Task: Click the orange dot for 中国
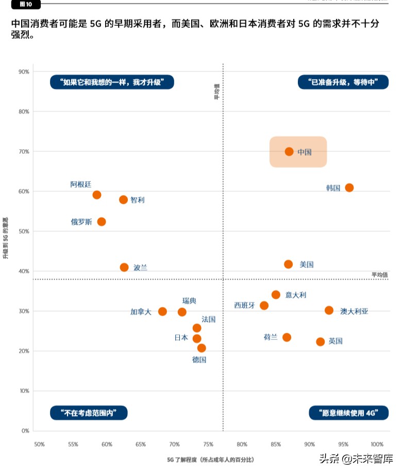tap(289, 152)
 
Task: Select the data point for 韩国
tap(349, 188)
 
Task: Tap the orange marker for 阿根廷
tap(97, 195)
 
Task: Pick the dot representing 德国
tap(202, 348)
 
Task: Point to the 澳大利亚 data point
tap(329, 311)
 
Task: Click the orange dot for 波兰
tap(124, 267)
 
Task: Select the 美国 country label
tap(307, 265)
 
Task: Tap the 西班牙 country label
tap(244, 305)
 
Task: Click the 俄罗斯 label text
tap(81, 222)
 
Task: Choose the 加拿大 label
tap(141, 312)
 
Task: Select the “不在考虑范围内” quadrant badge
tap(89, 413)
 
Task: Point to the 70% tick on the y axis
tap(24, 152)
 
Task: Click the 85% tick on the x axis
tap(276, 444)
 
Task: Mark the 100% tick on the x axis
tap(377, 444)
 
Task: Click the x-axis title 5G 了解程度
tap(210, 459)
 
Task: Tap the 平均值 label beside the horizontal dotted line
tap(379, 274)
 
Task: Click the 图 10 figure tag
tap(25, 4)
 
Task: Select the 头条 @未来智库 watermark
tap(356, 459)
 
